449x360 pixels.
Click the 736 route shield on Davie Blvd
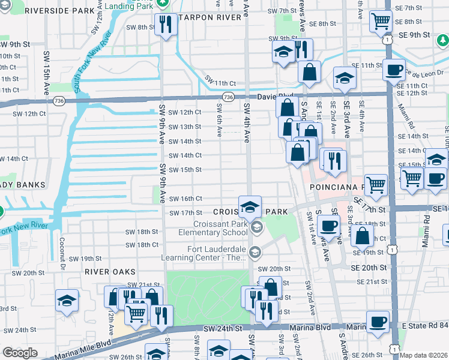pos(228,96)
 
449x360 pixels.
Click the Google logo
pos(19,353)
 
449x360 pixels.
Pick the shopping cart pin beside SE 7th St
pos(381,22)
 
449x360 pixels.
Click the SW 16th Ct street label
pos(185,199)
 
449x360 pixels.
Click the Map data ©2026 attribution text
pos(423,355)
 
